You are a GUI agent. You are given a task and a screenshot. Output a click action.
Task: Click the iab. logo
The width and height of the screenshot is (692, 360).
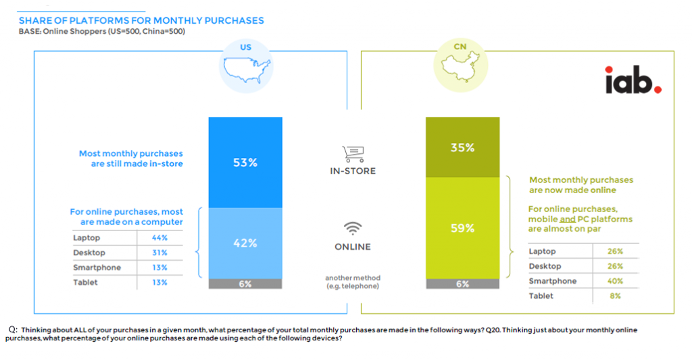click(x=633, y=80)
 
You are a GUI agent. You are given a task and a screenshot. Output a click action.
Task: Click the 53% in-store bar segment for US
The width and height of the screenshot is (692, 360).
click(x=245, y=162)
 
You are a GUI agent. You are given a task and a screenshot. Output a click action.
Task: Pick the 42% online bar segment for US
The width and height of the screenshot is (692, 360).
click(x=245, y=243)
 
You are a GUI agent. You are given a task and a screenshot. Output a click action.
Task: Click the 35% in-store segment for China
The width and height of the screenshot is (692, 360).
click(x=462, y=147)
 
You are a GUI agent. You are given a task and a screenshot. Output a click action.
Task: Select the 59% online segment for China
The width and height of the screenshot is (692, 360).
click(x=462, y=228)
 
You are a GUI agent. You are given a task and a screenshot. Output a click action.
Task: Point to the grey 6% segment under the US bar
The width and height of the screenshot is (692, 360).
click(x=245, y=284)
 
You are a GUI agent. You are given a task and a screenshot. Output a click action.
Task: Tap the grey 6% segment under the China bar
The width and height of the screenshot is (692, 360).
click(x=462, y=284)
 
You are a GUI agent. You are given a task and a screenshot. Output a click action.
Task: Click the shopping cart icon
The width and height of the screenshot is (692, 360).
click(x=352, y=153)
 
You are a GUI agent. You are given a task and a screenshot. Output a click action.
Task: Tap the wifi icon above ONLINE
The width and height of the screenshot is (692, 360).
click(x=353, y=228)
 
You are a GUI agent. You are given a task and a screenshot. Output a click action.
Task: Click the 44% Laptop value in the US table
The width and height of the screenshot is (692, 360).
click(x=159, y=238)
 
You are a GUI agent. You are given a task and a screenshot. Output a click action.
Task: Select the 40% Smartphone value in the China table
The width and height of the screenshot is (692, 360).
click(x=614, y=281)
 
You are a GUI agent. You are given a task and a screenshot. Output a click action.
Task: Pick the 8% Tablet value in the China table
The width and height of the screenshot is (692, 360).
click(x=614, y=296)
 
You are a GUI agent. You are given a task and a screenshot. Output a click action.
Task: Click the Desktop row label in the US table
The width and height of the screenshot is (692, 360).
click(x=89, y=253)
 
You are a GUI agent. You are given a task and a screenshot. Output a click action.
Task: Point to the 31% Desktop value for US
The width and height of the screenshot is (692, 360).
click(x=159, y=253)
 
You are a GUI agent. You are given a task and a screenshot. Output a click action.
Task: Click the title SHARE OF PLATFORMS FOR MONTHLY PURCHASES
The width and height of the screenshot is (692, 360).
click(x=141, y=21)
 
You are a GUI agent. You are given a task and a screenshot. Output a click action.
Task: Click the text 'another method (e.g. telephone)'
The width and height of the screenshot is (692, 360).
click(x=353, y=282)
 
